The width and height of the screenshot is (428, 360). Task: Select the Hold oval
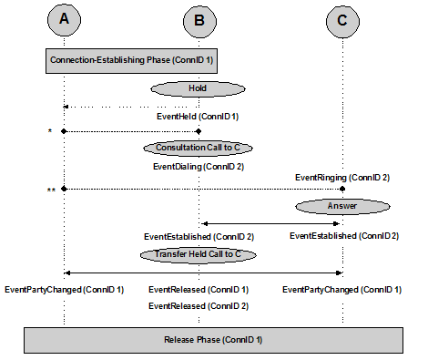pyautogui.click(x=199, y=88)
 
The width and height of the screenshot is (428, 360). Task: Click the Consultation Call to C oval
pyautogui.click(x=198, y=147)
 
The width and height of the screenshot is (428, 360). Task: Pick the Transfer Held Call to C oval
pyautogui.click(x=197, y=254)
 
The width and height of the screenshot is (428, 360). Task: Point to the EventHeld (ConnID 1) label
pyautogui.click(x=198, y=117)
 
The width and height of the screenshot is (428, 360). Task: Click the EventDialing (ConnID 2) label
pyautogui.click(x=198, y=167)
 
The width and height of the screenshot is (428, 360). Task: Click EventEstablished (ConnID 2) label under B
pyautogui.click(x=199, y=237)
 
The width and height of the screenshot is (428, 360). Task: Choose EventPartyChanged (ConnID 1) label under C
pyautogui.click(x=341, y=290)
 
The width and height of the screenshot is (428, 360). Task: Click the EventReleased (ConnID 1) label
pyautogui.click(x=199, y=290)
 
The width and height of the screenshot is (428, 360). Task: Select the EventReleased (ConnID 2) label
pyautogui.click(x=199, y=306)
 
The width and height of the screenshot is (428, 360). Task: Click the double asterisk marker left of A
pyautogui.click(x=51, y=190)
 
